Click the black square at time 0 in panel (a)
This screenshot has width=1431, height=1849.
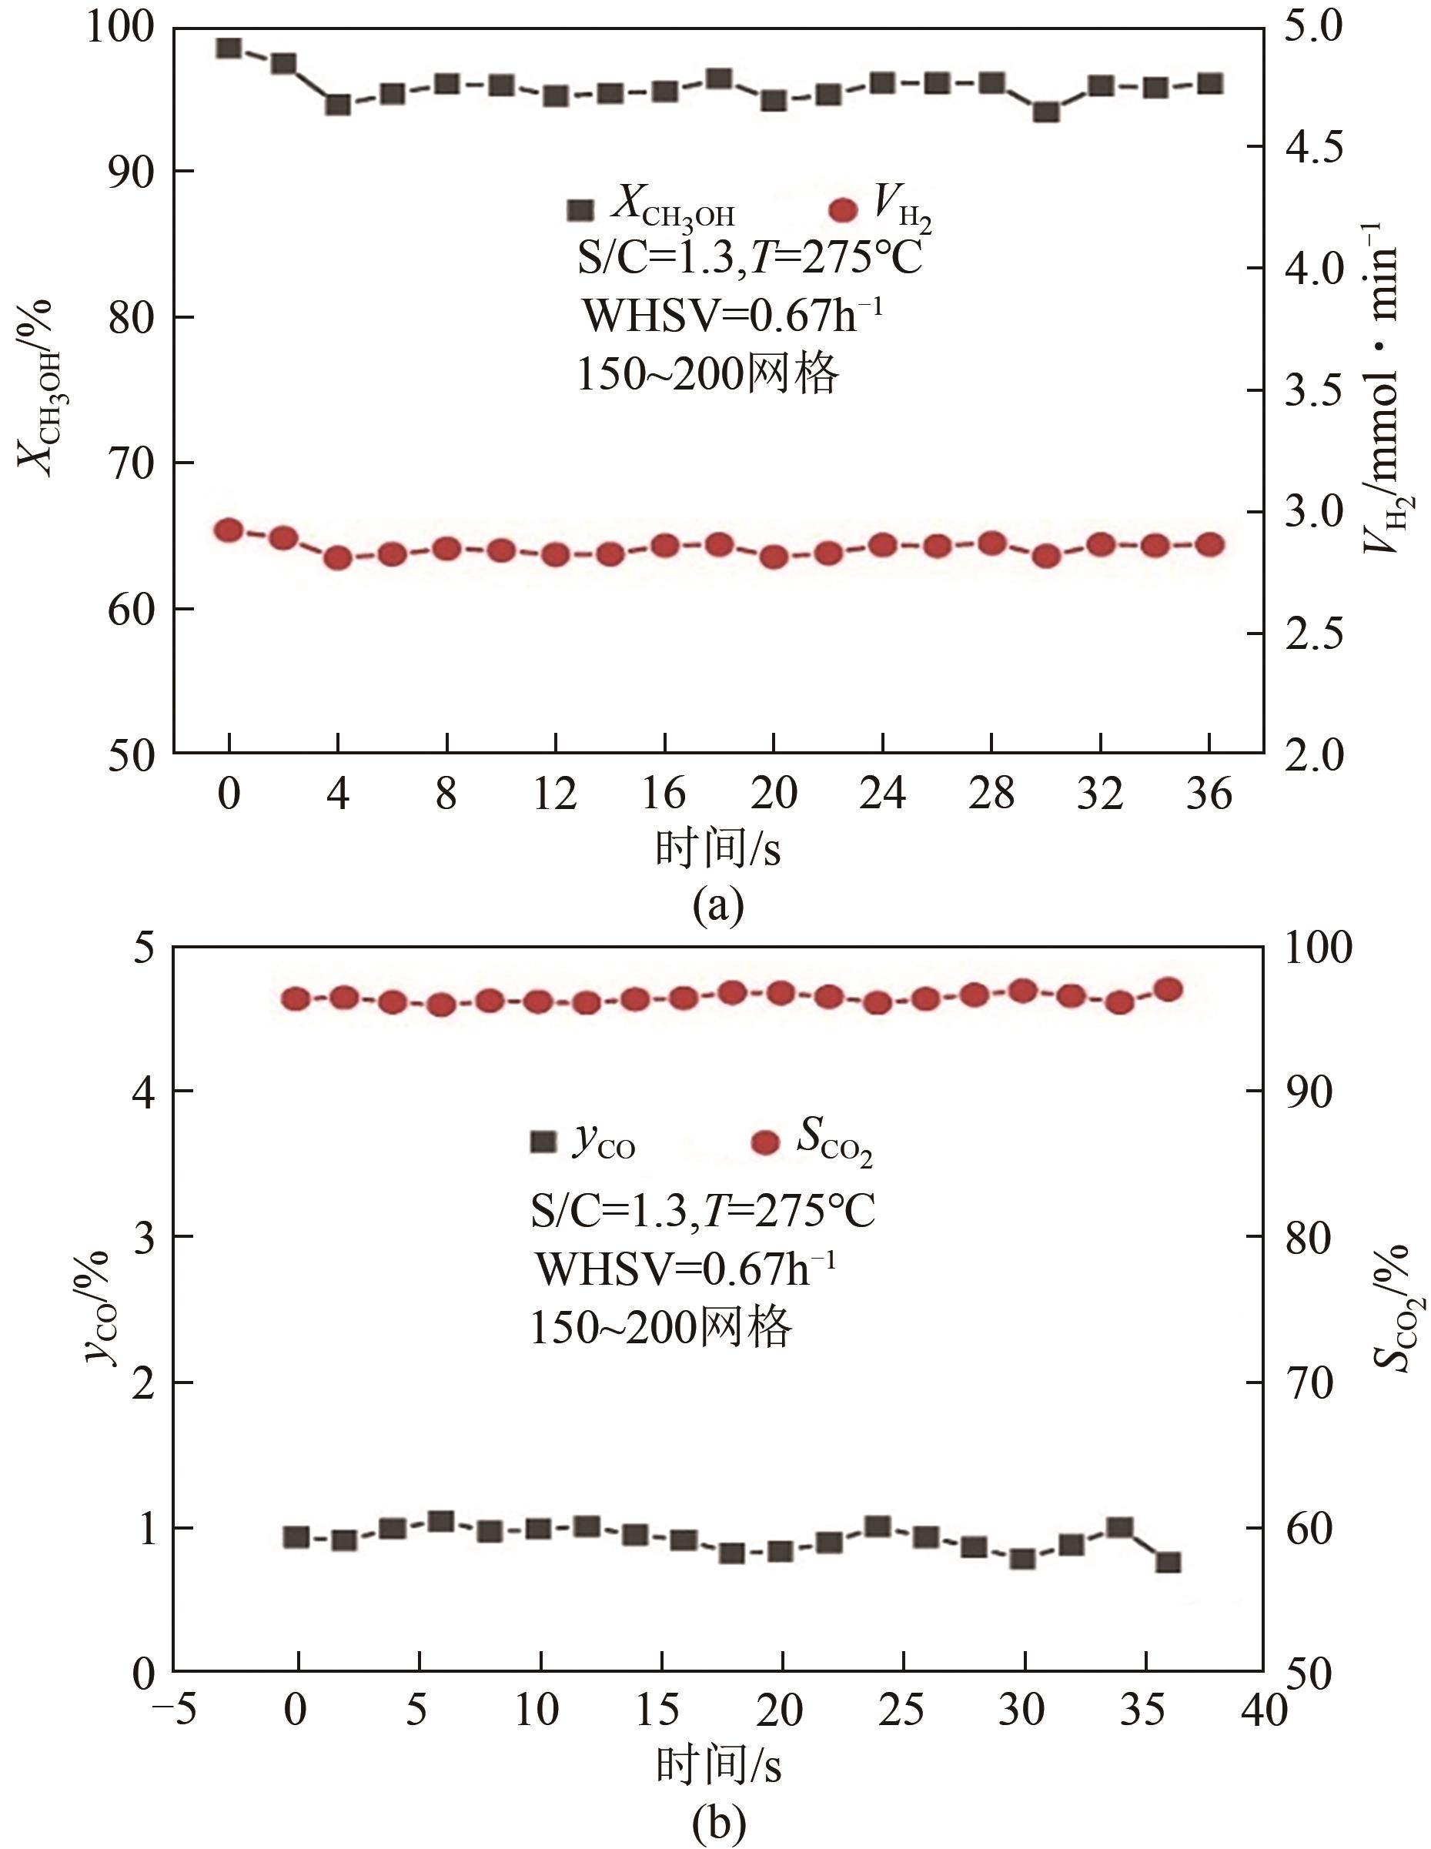click(x=229, y=48)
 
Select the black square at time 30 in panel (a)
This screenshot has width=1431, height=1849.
click(x=1047, y=112)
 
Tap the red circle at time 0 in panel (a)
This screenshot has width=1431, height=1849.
click(x=229, y=531)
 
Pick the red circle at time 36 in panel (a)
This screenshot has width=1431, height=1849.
click(x=1210, y=544)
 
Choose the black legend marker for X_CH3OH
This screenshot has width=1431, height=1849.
click(x=581, y=211)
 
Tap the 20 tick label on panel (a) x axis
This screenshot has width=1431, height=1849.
click(x=773, y=794)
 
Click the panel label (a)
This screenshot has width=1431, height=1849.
click(x=718, y=905)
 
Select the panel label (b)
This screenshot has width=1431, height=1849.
click(x=718, y=1827)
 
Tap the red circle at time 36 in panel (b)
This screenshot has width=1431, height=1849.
click(x=1169, y=990)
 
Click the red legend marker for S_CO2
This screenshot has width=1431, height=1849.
click(x=764, y=1143)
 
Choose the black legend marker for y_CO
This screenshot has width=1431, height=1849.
click(x=543, y=1142)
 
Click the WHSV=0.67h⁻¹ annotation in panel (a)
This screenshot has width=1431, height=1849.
click(x=734, y=316)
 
